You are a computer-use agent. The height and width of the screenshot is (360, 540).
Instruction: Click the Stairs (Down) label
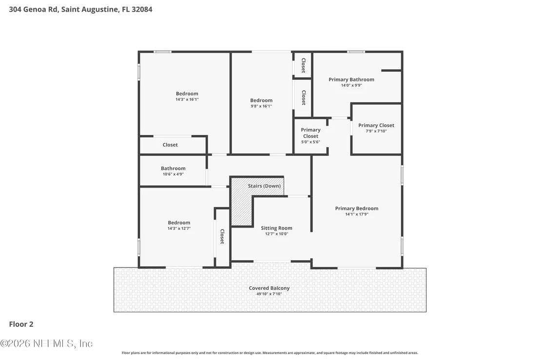point(264,186)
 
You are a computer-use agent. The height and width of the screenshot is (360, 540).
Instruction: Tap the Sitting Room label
point(276,228)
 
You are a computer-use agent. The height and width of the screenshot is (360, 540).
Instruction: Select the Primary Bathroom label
point(351,79)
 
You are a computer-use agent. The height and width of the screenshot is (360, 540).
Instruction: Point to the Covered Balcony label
point(270,288)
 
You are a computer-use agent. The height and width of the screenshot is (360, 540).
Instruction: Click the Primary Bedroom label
point(357,208)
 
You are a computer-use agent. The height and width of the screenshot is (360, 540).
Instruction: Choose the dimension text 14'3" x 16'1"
point(187,99)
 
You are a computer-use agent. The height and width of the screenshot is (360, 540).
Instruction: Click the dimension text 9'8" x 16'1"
point(261,106)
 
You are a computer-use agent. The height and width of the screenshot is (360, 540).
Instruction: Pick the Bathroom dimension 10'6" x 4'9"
point(173,174)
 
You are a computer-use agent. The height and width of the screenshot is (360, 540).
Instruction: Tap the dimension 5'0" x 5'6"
point(310,142)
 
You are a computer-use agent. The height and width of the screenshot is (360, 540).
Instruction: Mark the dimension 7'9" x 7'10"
point(376,131)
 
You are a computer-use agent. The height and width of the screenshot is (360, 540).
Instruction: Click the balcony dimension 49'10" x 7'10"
point(270,294)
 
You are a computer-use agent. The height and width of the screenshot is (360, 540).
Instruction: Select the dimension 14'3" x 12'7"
point(179,228)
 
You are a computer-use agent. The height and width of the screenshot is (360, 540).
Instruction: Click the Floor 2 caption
point(21,324)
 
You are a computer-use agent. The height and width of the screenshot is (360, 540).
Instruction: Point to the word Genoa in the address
point(35,9)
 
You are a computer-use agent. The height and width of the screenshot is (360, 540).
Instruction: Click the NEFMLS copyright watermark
point(46,343)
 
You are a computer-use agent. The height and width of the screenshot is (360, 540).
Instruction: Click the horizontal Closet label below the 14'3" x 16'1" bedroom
point(170,145)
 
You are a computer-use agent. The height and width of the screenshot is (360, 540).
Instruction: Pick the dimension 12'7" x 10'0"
point(276,234)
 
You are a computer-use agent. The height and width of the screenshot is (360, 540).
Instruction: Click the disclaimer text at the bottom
point(270,353)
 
